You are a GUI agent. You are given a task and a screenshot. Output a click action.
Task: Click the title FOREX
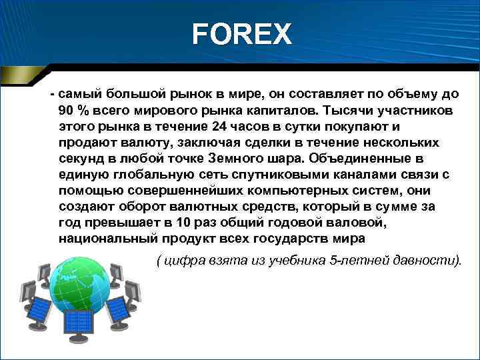(241, 34)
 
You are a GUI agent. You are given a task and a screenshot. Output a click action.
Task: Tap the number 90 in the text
(67, 109)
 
